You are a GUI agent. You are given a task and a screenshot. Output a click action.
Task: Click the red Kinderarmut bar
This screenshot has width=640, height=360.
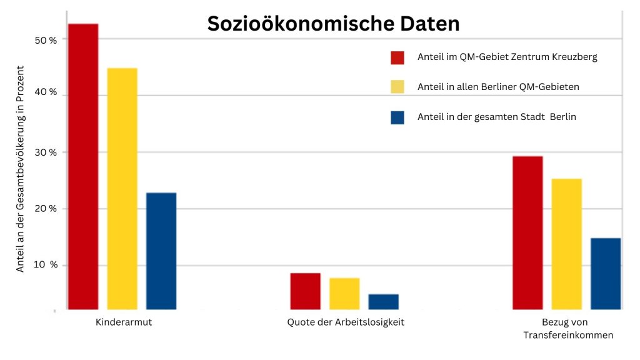tap(83, 166)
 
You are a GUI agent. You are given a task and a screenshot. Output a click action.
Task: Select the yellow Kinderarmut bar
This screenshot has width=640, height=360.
tap(122, 188)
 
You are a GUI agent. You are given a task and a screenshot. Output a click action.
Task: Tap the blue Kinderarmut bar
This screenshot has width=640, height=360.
tap(161, 251)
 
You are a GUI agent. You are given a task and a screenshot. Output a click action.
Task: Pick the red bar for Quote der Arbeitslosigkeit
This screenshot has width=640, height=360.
tap(305, 291)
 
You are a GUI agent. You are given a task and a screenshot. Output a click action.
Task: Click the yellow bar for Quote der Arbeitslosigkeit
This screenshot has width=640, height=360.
tap(344, 294)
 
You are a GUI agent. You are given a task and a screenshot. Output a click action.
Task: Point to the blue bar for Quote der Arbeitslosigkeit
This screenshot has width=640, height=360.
tap(383, 302)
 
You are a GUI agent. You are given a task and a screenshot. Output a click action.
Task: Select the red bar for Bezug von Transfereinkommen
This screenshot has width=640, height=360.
tap(527, 232)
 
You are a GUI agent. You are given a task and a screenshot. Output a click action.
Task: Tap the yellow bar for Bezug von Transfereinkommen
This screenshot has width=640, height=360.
tap(566, 244)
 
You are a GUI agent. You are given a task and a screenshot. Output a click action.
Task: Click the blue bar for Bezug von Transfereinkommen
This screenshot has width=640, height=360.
tap(606, 274)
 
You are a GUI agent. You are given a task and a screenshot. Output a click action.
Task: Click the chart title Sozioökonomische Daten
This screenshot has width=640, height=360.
tap(333, 24)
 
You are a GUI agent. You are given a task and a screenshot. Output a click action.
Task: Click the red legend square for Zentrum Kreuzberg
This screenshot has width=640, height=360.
tap(397, 57)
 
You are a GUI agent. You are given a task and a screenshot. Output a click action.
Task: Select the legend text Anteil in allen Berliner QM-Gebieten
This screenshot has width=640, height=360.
tap(498, 87)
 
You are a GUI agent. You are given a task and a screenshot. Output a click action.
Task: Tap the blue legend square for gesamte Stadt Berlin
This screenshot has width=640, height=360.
tap(397, 117)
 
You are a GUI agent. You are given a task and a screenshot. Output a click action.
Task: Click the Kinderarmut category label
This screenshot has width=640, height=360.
tap(124, 323)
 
